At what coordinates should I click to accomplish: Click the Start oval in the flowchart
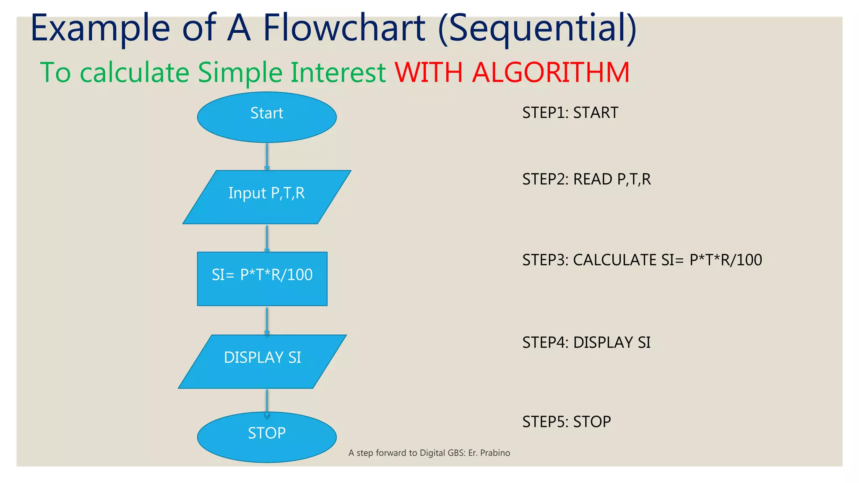(x=267, y=117)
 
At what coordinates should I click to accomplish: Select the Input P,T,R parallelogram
(x=267, y=197)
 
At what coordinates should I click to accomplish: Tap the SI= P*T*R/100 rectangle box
(x=262, y=278)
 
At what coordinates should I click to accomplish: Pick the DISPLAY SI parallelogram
(x=262, y=361)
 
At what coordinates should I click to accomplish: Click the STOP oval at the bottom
(x=267, y=437)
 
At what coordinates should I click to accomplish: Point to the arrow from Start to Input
(x=267, y=156)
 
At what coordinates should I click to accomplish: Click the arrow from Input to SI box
(x=267, y=238)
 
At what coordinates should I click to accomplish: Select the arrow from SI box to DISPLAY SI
(x=267, y=321)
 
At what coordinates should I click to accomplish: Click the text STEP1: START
(x=570, y=113)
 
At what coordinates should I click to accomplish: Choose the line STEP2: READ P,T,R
(x=586, y=179)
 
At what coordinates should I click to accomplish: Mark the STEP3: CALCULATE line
(x=642, y=260)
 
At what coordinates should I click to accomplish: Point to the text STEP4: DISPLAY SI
(x=586, y=343)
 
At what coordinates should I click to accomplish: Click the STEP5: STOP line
(x=566, y=422)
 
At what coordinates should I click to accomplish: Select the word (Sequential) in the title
(x=537, y=29)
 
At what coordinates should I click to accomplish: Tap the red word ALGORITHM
(x=550, y=73)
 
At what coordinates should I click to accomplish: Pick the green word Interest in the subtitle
(x=338, y=73)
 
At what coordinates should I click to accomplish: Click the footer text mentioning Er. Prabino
(x=429, y=453)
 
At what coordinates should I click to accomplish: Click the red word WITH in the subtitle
(x=429, y=73)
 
